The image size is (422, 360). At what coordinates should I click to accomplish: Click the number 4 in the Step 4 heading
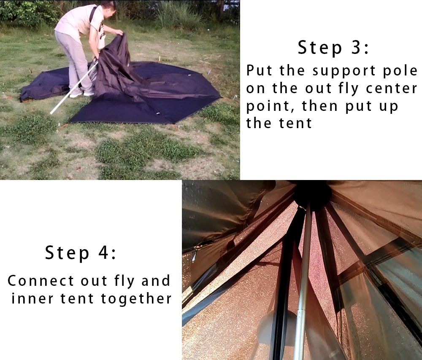pos(104,253)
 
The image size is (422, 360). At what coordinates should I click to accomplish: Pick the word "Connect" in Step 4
pos(41,281)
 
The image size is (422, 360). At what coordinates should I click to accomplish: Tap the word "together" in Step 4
pos(136,299)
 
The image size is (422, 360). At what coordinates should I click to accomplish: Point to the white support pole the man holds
pos(74,86)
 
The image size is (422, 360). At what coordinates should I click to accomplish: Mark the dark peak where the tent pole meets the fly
pos(312,194)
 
